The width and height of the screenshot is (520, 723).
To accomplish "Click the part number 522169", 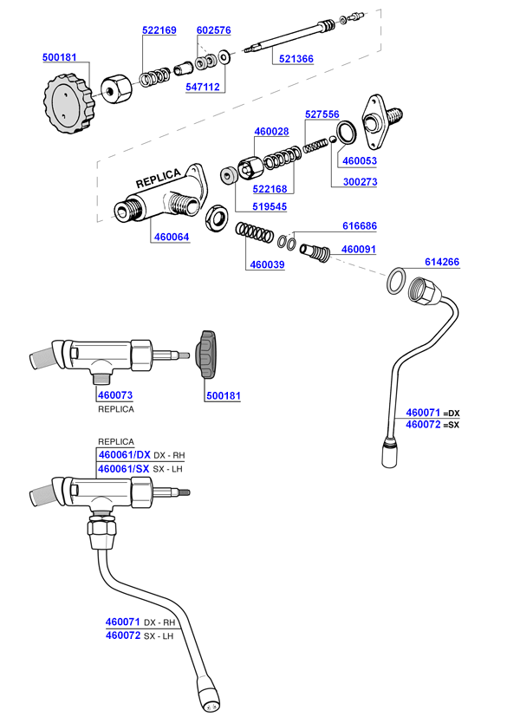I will pyautogui.click(x=159, y=30).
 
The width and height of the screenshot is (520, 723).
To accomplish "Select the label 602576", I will pyautogui.click(x=213, y=30).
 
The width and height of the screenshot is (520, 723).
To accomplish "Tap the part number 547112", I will pyautogui.click(x=203, y=87).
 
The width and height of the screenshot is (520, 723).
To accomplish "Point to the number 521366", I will pyautogui.click(x=296, y=59).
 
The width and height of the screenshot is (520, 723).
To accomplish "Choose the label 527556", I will pyautogui.click(x=322, y=114).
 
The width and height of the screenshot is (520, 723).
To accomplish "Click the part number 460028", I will pyautogui.click(x=271, y=132).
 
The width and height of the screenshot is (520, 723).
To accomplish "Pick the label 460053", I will pyautogui.click(x=361, y=160).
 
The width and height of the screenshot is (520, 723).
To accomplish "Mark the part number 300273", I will pyautogui.click(x=361, y=183).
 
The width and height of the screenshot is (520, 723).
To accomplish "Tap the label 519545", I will pyautogui.click(x=270, y=207).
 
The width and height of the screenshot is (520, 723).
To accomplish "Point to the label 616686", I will pyautogui.click(x=359, y=225).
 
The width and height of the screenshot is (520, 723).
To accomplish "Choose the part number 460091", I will pyautogui.click(x=359, y=249).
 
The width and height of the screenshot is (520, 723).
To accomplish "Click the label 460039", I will pyautogui.click(x=267, y=265).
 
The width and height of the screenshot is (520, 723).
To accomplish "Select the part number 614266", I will pyautogui.click(x=442, y=262).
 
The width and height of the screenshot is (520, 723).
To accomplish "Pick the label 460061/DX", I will pyautogui.click(x=125, y=455).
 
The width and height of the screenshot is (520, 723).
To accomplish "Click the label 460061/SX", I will pyautogui.click(x=125, y=469).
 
